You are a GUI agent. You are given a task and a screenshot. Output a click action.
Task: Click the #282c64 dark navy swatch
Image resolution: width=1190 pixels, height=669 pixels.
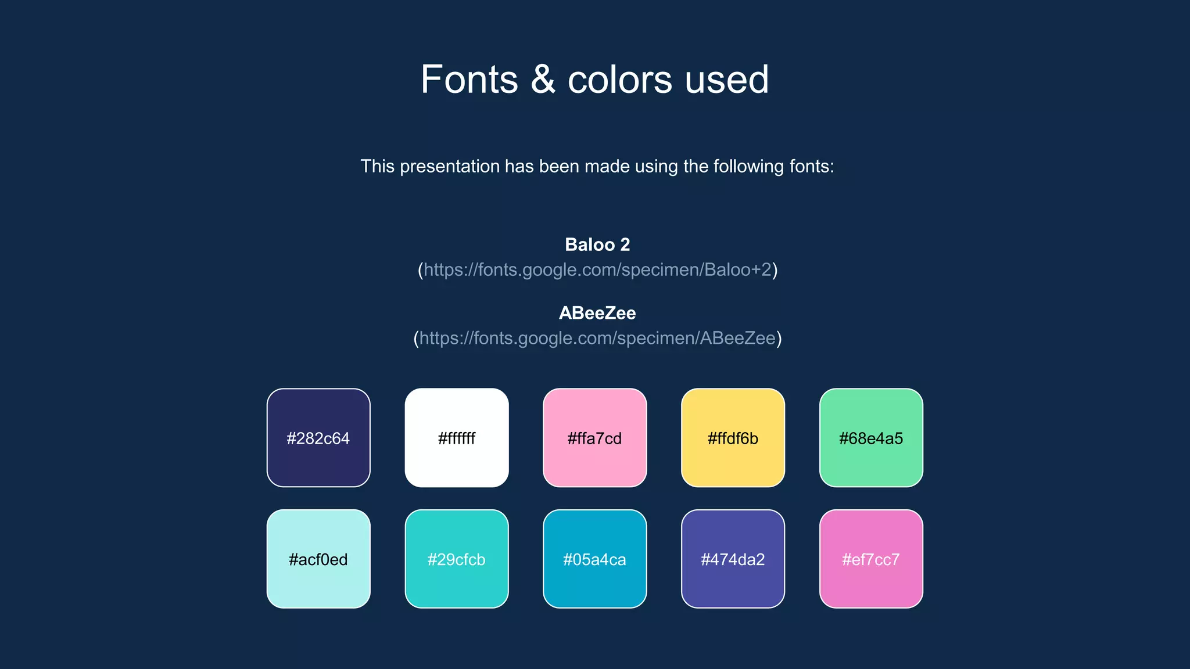pos(318,438)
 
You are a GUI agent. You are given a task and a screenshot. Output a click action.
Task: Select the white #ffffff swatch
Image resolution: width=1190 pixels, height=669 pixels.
pos(457,438)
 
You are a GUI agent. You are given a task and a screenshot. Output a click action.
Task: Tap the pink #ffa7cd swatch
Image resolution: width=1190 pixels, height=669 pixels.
pos(594,438)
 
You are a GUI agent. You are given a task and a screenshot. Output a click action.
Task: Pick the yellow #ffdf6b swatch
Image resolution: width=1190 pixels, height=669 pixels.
pos(733,438)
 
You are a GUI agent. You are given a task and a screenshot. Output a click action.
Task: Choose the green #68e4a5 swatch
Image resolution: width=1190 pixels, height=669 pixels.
pos(871,438)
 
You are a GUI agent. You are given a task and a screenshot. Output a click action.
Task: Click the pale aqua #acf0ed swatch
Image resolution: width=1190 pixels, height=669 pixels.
pos(318,559)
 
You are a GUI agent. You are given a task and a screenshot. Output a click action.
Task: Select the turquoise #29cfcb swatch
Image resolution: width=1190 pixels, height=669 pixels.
pos(457,559)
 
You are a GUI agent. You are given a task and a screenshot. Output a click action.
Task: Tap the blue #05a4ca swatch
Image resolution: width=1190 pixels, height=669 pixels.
pos(594,559)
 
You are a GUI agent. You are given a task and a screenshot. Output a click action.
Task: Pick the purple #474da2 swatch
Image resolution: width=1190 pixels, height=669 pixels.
pos(733,559)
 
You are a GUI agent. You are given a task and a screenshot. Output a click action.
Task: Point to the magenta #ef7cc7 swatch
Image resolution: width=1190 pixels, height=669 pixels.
pos(871,559)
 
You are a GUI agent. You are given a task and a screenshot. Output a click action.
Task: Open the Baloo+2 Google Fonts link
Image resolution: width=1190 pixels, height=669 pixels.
pos(597,269)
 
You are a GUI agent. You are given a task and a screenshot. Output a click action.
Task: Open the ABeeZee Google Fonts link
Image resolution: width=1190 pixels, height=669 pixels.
pos(597,338)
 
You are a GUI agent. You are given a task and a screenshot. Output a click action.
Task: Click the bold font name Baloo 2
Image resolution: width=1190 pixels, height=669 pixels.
pos(597,244)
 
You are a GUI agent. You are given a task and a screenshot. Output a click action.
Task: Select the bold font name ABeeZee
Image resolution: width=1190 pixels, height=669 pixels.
pos(597,313)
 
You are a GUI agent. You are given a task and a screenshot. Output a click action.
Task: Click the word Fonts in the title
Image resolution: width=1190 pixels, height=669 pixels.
pos(469,80)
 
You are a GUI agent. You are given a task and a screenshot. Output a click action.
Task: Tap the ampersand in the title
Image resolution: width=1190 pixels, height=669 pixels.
pos(543,80)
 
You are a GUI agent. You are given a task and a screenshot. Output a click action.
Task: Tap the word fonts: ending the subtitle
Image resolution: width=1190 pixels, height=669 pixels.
pos(812,167)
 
